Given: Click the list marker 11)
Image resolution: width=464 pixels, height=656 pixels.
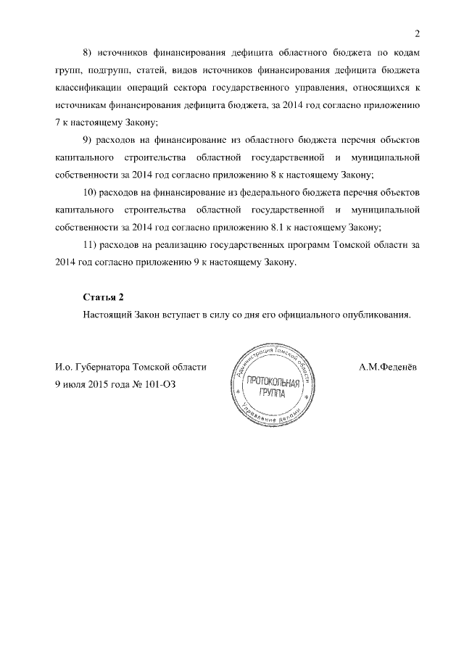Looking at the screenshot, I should click(91, 246).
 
